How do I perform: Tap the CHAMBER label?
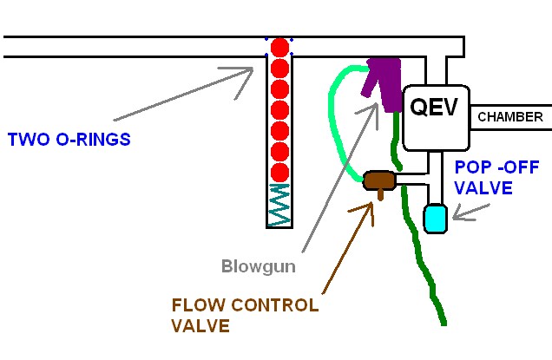(510, 116)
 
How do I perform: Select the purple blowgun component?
(384, 80)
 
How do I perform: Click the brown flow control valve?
(379, 180)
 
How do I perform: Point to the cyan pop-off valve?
(435, 217)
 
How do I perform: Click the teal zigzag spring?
(279, 206)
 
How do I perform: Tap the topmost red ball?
(279, 47)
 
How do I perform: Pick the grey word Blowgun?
(258, 267)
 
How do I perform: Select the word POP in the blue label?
(470, 167)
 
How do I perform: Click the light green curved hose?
(334, 121)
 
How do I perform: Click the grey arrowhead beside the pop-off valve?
(458, 217)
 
